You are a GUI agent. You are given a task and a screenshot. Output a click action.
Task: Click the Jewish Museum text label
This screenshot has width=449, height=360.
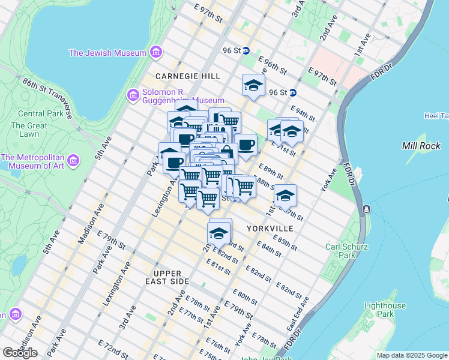pos(107,53)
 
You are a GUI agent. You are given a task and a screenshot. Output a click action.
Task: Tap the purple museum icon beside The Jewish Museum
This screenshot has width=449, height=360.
pos(156,52)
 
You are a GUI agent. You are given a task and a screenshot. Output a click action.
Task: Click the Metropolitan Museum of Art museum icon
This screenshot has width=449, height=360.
pos(73,160)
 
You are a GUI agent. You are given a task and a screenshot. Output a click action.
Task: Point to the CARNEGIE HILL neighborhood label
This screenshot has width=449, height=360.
pos(187,76)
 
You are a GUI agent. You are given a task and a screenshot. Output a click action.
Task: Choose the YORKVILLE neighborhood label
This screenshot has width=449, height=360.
pos(270,229)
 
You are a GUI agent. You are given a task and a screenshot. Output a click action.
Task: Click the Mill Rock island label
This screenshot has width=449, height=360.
pos(421,146)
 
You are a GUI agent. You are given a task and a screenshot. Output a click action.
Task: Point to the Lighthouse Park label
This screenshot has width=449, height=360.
pos(376,310)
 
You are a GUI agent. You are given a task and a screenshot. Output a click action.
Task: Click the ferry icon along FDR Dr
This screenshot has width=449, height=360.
pos(366,209)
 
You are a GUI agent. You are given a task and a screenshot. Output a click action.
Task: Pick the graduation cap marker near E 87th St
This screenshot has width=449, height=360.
pos(286,196)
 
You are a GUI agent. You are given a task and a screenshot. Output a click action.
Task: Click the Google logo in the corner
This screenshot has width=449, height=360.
pos(20,353)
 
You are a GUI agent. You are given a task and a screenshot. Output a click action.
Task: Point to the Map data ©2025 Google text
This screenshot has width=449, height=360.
pos(412,355)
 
